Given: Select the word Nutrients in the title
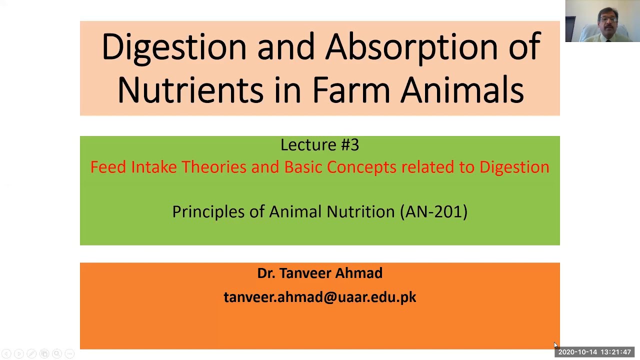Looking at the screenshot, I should point(190,90).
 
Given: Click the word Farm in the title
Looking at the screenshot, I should point(350,90).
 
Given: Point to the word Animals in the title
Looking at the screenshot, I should point(462,90).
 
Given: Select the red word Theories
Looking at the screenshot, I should point(213,167).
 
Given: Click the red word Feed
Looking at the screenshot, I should point(108,167).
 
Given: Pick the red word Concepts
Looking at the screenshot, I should point(361,167).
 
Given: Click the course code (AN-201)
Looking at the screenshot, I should point(433,211).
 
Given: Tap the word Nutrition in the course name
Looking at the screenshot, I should point(360,211).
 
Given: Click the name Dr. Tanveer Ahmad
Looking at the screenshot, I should point(319,273).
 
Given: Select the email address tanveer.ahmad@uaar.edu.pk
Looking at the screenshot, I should point(319,297).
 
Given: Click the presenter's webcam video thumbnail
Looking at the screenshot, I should point(602,21).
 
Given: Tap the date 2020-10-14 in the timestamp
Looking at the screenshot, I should point(577,352).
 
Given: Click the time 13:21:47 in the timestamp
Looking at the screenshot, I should point(616,352).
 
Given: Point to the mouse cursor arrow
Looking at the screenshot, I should point(555,345).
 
